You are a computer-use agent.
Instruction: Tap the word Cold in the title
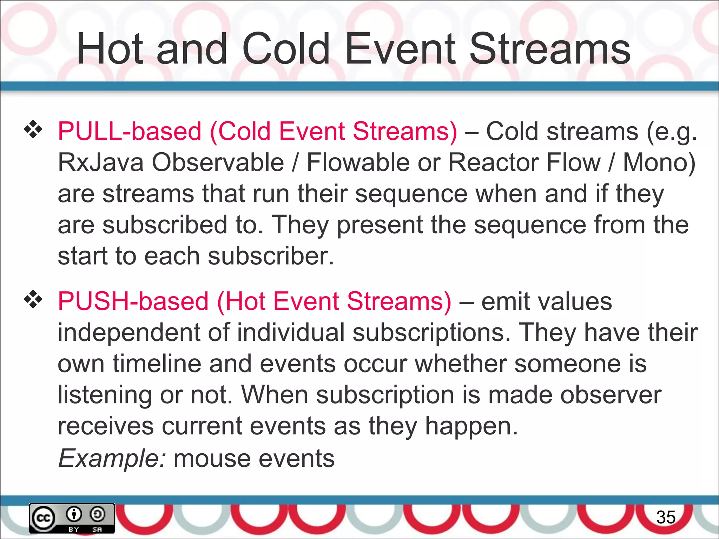[x=285, y=49]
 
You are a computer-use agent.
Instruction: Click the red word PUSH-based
[x=133, y=301]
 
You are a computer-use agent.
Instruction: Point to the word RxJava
[x=101, y=162]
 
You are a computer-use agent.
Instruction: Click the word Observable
[x=218, y=162]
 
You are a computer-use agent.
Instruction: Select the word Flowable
[x=358, y=162]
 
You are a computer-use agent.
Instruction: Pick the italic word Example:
[x=111, y=458]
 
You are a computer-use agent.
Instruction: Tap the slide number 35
[x=666, y=517]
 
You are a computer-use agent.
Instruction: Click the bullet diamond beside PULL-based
[x=33, y=129]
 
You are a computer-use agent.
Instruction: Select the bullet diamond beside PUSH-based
[x=33, y=300]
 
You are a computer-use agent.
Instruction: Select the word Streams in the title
[x=550, y=49]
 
